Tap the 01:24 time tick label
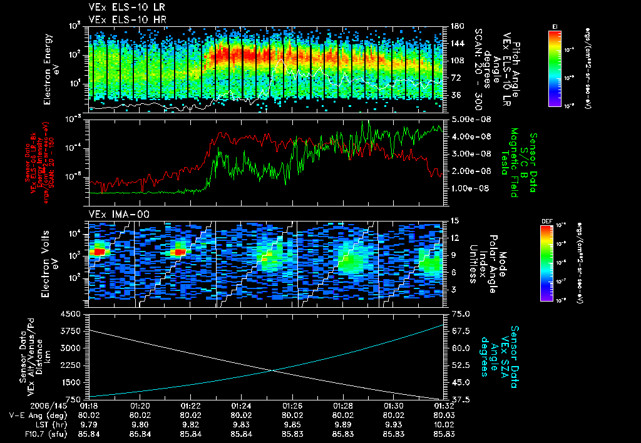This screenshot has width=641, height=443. pyautogui.click(x=241, y=405)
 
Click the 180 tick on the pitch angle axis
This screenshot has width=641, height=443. pyautogui.click(x=455, y=26)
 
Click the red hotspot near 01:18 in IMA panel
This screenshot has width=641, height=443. pyautogui.click(x=98, y=252)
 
